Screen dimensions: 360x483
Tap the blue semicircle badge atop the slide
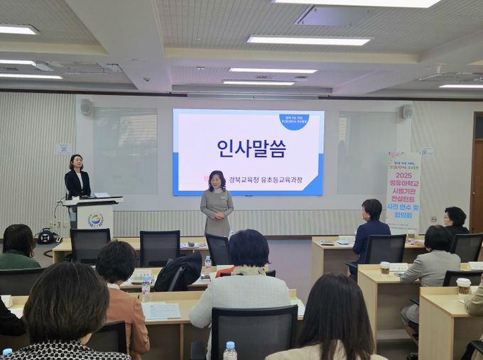pyautogui.click(x=293, y=121)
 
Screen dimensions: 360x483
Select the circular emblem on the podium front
pyautogui.click(x=95, y=220)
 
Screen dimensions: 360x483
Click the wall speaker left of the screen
pyautogui.click(x=85, y=107)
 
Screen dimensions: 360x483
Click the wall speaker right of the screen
pyautogui.click(x=408, y=111)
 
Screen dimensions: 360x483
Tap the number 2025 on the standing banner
pyautogui.click(x=403, y=175)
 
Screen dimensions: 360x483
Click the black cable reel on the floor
pyautogui.click(x=47, y=236)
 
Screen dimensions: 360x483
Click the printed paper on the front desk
pyautogui.click(x=161, y=310)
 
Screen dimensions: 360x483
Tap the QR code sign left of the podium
pyautogui.click(x=64, y=149)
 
